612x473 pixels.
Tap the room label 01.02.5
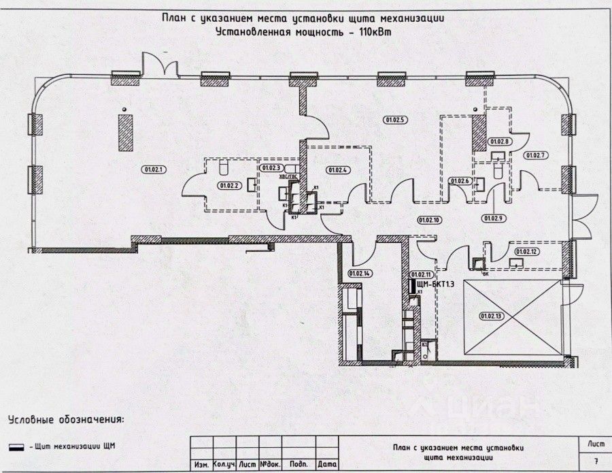click(394, 120)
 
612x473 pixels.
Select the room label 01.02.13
click(490, 316)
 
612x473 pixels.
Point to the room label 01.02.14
click(359, 273)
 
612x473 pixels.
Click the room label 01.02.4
click(337, 169)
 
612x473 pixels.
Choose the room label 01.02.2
click(228, 184)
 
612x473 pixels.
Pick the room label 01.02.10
click(430, 219)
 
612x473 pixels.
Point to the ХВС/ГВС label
click(290, 176)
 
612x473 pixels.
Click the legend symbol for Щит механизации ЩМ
click(13, 446)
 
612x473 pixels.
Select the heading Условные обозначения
click(66, 419)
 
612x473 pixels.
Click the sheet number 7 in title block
click(596, 461)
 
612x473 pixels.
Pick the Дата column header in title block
click(328, 464)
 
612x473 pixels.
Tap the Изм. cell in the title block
click(201, 464)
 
